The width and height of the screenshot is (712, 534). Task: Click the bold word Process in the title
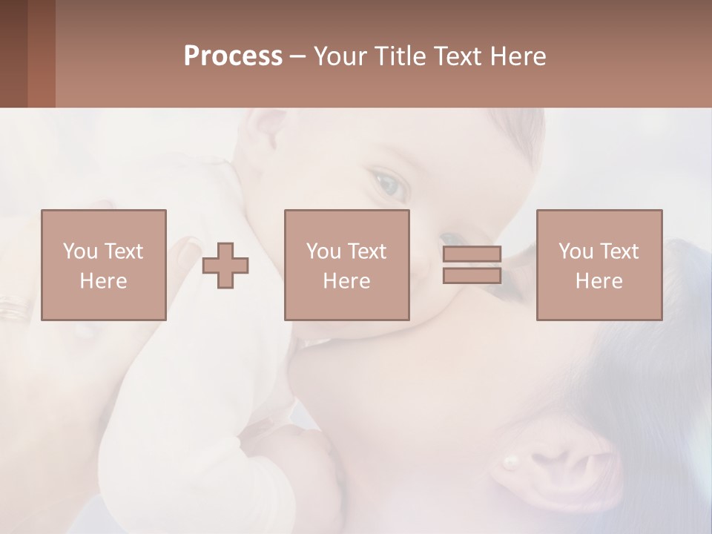pos(233,56)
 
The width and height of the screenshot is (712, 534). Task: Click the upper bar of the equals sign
pos(472,254)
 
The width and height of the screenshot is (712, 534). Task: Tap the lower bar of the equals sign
pos(472,276)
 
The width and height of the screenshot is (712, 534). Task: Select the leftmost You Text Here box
pos(103,265)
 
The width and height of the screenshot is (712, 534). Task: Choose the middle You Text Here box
pos(346,265)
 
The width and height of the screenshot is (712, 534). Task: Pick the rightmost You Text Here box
pos(599,265)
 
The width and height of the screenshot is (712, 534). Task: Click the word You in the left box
pos(80,251)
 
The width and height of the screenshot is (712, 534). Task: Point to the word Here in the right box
pos(599,281)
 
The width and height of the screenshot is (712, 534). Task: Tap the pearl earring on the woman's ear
pos(511,463)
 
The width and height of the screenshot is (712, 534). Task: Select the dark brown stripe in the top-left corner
pos(13,53)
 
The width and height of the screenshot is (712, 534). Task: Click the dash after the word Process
pos(297,57)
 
